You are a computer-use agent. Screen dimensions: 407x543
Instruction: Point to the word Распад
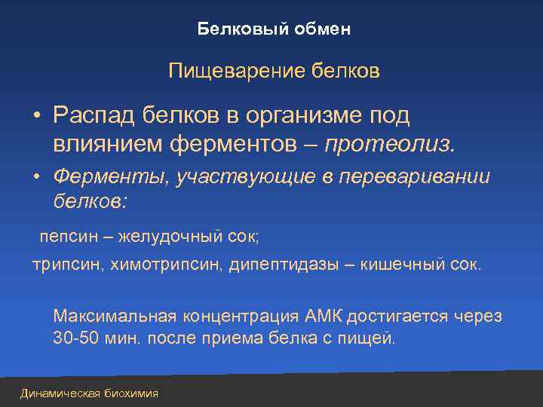88,116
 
